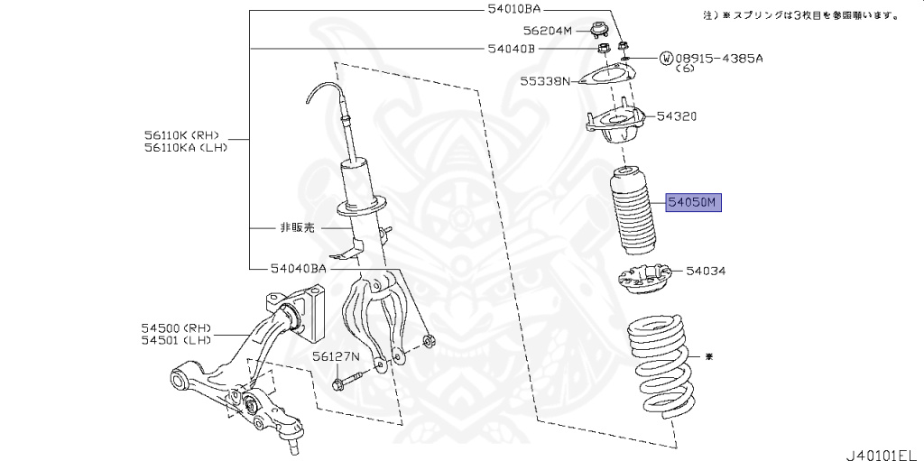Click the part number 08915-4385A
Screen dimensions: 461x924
(x=719, y=58)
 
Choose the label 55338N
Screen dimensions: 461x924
(x=545, y=81)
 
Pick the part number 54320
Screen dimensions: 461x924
(x=677, y=116)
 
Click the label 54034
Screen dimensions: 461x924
(x=706, y=270)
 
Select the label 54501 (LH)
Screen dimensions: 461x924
(x=175, y=340)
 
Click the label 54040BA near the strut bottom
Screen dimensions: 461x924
(x=298, y=268)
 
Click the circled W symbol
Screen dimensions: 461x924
(x=667, y=58)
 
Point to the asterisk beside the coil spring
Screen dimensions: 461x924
(x=708, y=357)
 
